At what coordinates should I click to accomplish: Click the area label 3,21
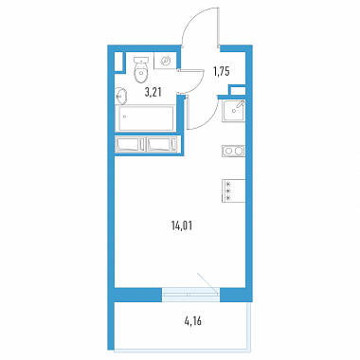pos(153,93)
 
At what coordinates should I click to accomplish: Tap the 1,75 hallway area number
pos(221,72)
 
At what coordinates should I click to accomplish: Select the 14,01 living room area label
pos(182,225)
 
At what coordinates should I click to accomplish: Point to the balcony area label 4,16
pos(192,321)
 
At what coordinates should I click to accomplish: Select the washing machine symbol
pos(165,61)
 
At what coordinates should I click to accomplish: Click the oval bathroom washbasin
pos(121,96)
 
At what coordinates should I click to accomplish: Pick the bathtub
pos(146,117)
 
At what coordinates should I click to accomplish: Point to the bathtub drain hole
pos(124,117)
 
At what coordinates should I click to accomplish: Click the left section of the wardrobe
pos(131,144)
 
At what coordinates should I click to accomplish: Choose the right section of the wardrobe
pos(163,144)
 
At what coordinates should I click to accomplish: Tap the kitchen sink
pos(234,110)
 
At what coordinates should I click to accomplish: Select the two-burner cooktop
pos(234,151)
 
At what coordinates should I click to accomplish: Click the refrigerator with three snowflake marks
pos(234,190)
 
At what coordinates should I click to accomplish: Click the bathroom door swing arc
pos(195,83)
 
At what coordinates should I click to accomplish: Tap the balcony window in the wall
pos(190,295)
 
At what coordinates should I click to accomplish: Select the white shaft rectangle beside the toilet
pos(118,62)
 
